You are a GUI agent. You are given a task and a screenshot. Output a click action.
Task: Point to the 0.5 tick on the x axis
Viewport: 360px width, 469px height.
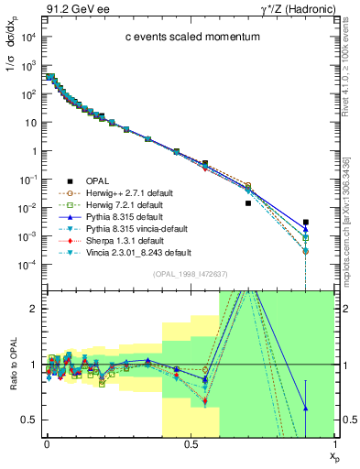(x=190, y=444)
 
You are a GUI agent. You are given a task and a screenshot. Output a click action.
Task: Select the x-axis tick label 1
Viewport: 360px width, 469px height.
(x=333, y=444)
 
